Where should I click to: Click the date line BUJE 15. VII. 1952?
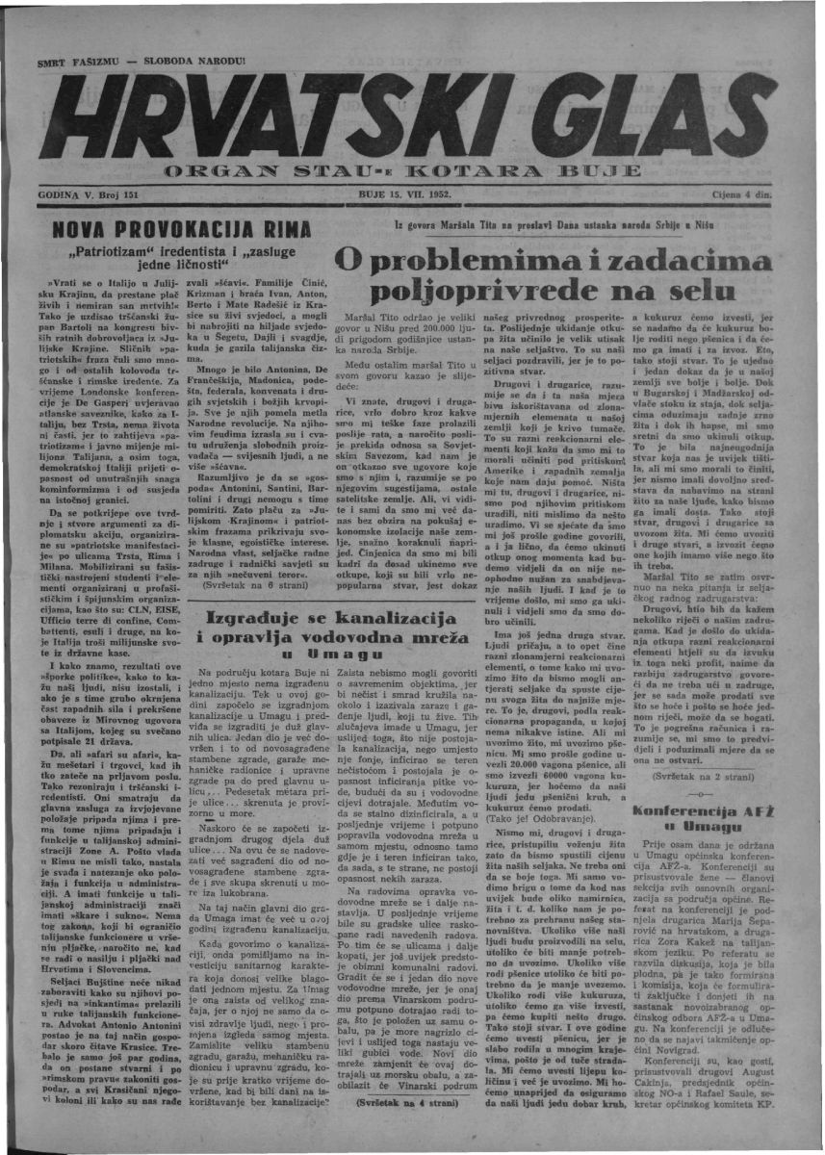[x=404, y=193]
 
